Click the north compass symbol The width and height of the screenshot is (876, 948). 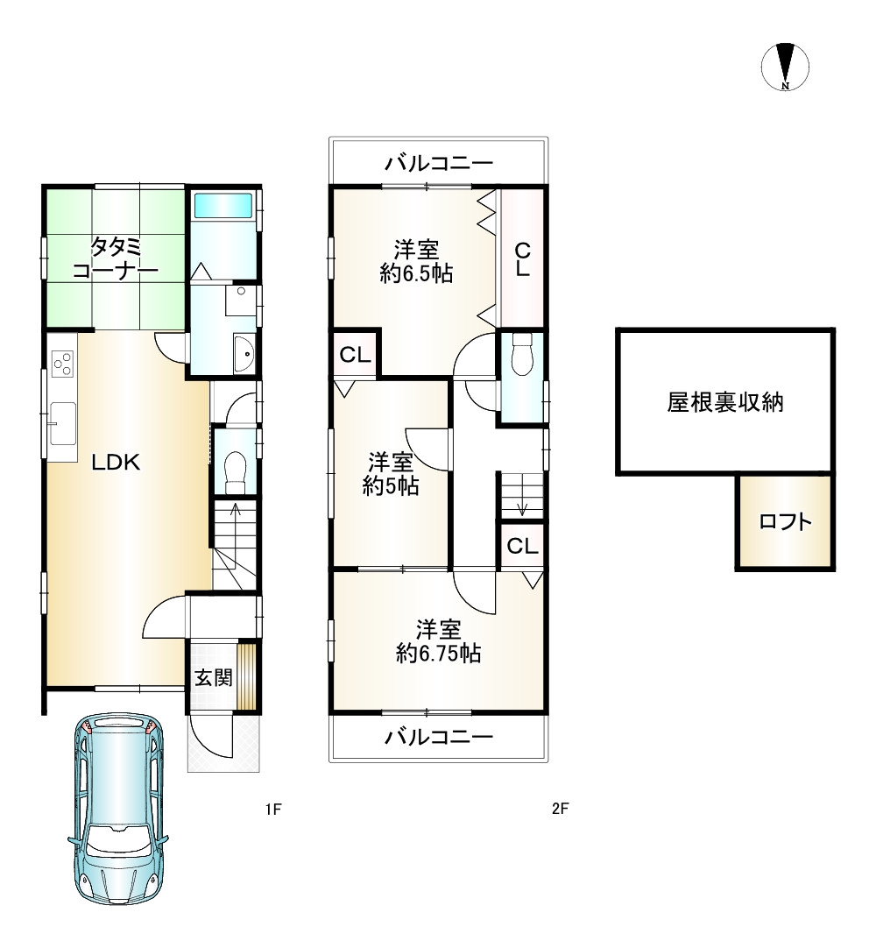tap(785, 67)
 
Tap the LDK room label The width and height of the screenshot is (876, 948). tap(116, 463)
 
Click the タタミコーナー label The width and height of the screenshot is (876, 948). tap(115, 258)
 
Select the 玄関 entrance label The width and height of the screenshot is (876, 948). tap(214, 677)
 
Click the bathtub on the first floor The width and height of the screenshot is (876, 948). tap(223, 206)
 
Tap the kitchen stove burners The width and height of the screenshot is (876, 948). tap(63, 364)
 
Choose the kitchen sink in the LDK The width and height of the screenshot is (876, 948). tap(62, 422)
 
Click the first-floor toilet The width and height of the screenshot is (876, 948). tap(234, 472)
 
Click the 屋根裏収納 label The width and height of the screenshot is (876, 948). tap(724, 402)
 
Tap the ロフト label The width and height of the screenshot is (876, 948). tap(785, 522)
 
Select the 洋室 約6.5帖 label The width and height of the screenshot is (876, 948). tap(417, 261)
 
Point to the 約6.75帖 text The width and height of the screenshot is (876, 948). tap(438, 654)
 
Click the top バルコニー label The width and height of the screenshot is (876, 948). tap(440, 163)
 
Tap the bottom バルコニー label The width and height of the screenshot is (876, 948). tap(440, 736)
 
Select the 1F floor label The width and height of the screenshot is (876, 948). tap(273, 809)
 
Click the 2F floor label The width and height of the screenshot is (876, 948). tap(561, 808)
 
